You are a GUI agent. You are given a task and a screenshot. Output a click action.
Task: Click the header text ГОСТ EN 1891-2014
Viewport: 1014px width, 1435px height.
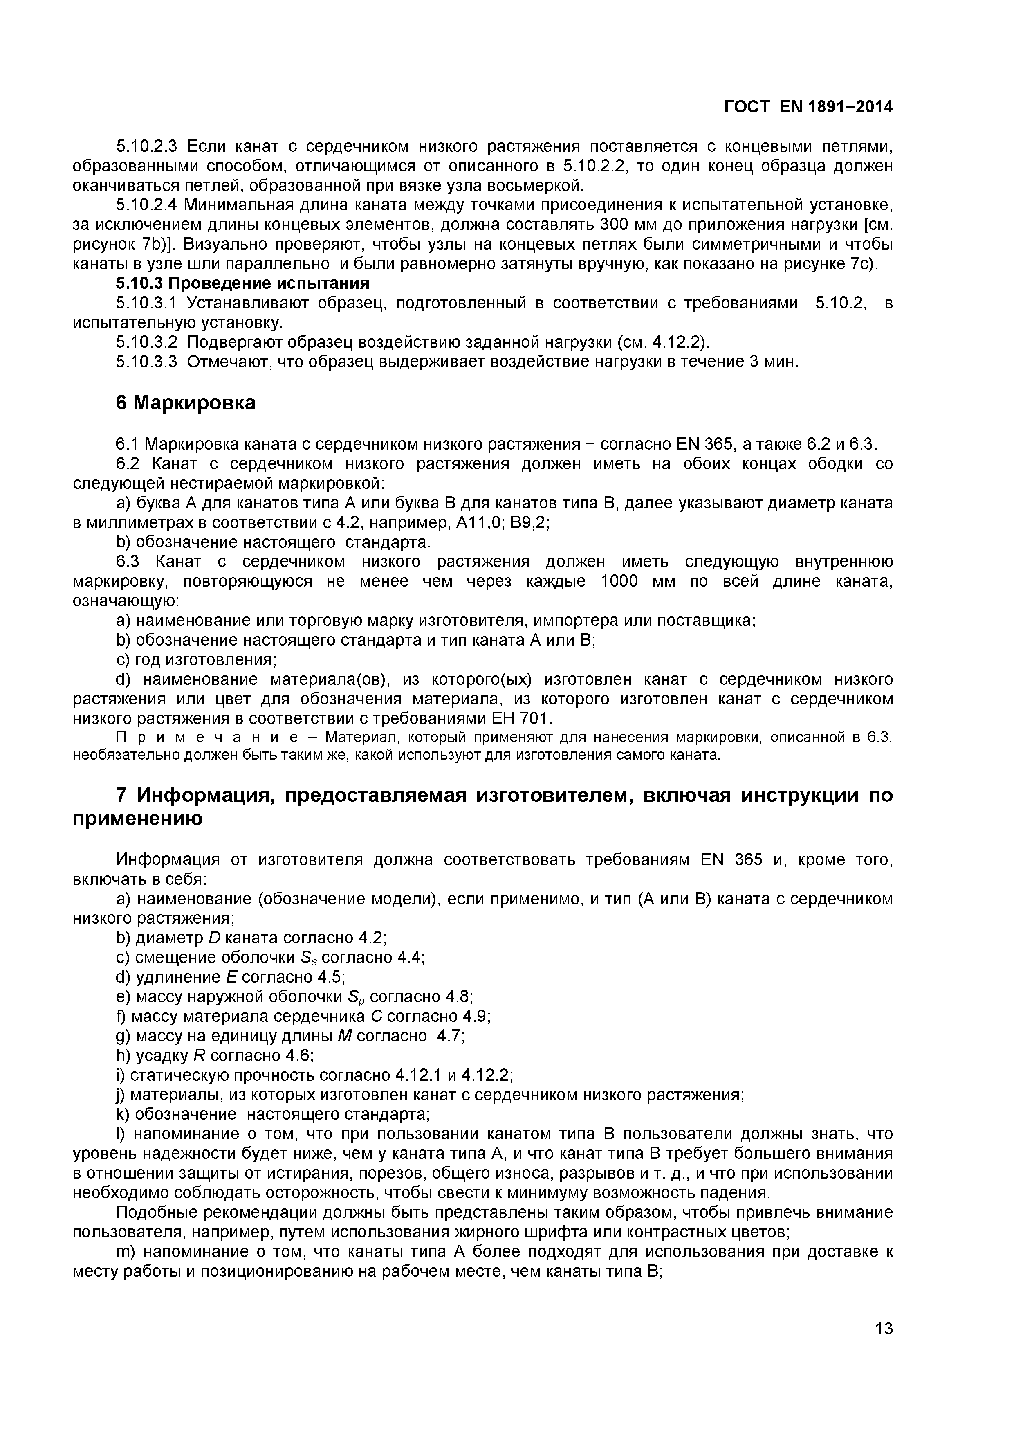808,108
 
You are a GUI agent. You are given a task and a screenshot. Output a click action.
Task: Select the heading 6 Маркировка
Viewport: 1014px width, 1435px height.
186,403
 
